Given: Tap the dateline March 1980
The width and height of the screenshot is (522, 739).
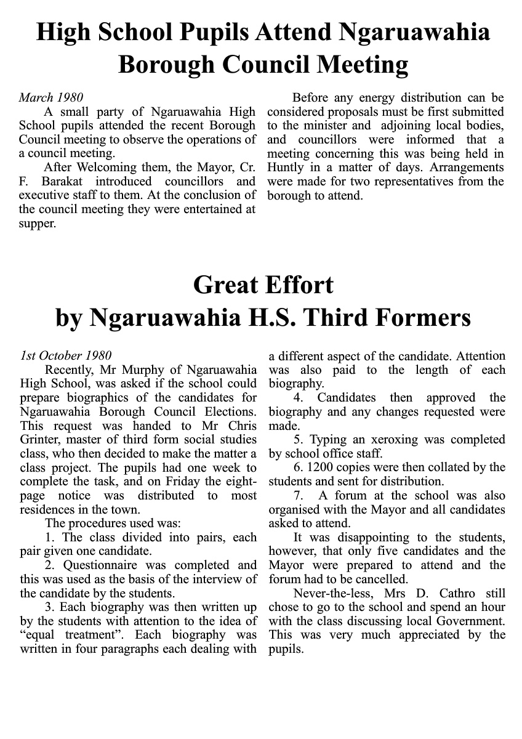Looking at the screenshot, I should [x=51, y=97].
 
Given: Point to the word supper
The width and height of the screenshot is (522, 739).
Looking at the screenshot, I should [x=38, y=224].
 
